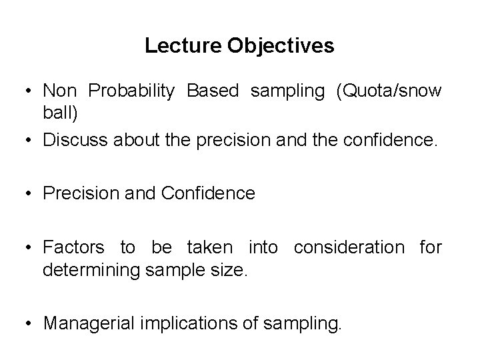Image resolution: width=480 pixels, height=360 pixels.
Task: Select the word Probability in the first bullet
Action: (x=131, y=91)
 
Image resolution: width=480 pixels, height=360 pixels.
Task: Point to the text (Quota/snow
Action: (x=389, y=91)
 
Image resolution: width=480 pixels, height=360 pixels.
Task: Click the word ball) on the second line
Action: (x=61, y=113)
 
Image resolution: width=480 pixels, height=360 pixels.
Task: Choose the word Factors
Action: (x=73, y=248)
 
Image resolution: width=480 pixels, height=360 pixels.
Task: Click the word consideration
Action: (x=349, y=248)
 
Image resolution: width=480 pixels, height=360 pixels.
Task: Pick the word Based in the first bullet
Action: (x=212, y=91)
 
